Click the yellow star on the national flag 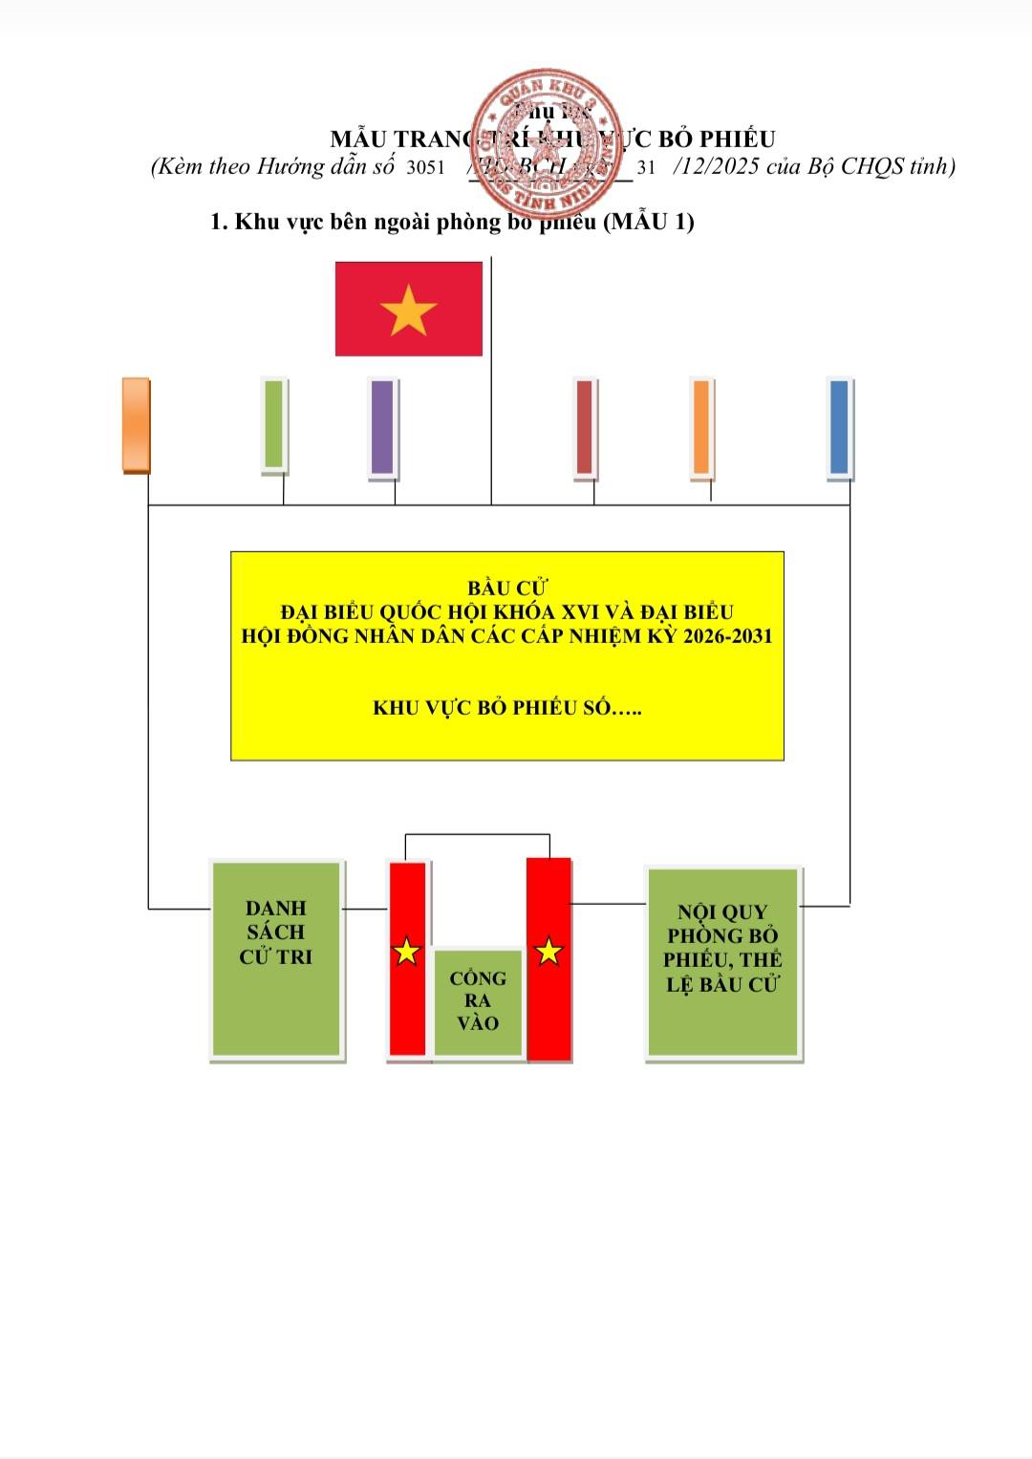(408, 310)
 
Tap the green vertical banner (274, 424)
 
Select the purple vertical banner (382, 426)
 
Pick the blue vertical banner (839, 426)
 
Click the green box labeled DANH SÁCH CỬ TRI (276, 959)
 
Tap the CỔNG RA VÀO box (478, 1001)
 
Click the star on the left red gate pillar (407, 951)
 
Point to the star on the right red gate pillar (548, 951)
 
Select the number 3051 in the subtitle (425, 167)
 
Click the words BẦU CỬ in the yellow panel (506, 589)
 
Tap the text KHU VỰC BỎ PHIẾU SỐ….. (506, 708)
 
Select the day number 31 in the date (646, 167)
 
